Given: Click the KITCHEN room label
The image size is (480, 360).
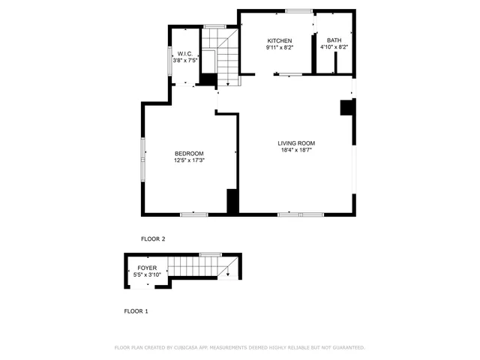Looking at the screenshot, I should click(x=280, y=40).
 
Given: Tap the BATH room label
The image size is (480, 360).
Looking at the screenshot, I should click(x=333, y=40).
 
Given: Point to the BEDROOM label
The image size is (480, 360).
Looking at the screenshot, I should click(x=189, y=153).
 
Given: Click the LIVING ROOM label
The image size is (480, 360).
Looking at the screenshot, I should click(x=296, y=143).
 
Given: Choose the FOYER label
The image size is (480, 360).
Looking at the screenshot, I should click(x=147, y=268).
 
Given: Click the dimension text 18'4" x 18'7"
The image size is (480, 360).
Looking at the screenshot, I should click(x=296, y=150).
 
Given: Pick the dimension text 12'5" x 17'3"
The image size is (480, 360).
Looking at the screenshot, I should click(x=189, y=160).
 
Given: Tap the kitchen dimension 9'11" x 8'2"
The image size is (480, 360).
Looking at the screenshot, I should click(x=280, y=47).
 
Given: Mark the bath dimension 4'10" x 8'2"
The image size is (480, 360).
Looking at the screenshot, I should click(x=334, y=47).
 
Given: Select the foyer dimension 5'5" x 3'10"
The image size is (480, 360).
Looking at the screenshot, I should click(x=147, y=274).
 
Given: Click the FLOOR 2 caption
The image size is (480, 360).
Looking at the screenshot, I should click(x=153, y=238).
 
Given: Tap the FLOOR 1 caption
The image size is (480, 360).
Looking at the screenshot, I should click(x=136, y=310).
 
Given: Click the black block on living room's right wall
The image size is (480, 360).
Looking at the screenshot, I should click(x=346, y=107).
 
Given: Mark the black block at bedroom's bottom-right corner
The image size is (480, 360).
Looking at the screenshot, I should click(x=232, y=201).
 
